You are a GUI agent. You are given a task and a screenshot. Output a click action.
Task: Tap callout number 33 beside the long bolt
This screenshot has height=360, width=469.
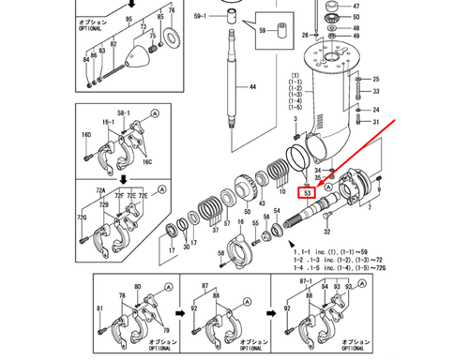[376, 92]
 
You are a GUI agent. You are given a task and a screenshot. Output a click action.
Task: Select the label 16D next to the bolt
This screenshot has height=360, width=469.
[86, 135]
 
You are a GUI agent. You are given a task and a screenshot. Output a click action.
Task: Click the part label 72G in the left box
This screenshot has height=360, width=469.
[83, 217]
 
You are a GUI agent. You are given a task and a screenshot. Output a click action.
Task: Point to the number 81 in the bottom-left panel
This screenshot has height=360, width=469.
[99, 308]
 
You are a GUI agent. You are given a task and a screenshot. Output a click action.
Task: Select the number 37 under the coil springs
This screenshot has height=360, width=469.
[215, 228]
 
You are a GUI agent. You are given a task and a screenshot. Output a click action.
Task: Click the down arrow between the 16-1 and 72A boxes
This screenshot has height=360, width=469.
[123, 177]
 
